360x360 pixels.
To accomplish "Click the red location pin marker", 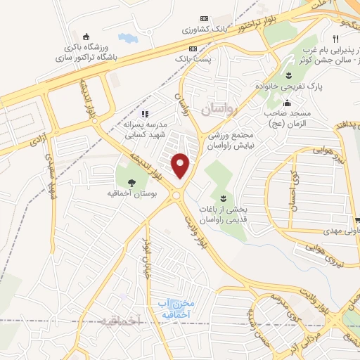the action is [181, 165].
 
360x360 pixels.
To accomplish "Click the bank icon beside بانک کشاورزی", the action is [205, 18].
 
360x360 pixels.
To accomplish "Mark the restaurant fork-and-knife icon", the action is [336, 39].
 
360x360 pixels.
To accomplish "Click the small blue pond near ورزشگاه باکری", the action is [128, 37].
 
